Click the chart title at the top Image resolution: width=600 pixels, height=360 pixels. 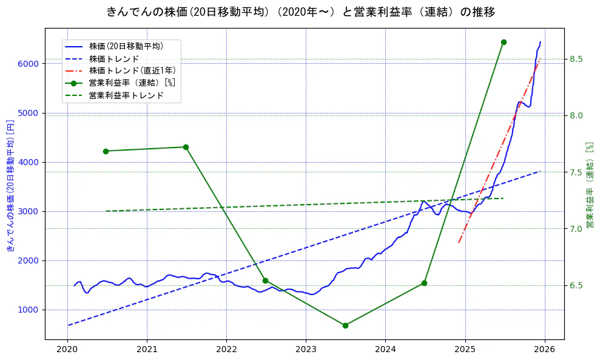300,12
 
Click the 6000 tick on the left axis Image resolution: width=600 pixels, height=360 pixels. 29,64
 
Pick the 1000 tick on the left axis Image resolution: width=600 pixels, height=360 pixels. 29,310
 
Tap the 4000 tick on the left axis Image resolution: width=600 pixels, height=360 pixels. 29,162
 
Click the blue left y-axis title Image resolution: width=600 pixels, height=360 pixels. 10,185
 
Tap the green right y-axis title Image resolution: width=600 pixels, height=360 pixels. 590,185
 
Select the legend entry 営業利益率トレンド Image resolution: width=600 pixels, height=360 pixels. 126,95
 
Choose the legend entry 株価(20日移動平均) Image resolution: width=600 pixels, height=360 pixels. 126,46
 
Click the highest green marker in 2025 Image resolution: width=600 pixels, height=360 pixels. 504,42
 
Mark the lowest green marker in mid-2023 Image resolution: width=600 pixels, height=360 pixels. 345,325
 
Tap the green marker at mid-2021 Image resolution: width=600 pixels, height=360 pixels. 186,147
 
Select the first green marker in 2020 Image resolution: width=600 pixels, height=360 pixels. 106,151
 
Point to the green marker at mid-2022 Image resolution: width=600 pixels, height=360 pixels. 265,280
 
